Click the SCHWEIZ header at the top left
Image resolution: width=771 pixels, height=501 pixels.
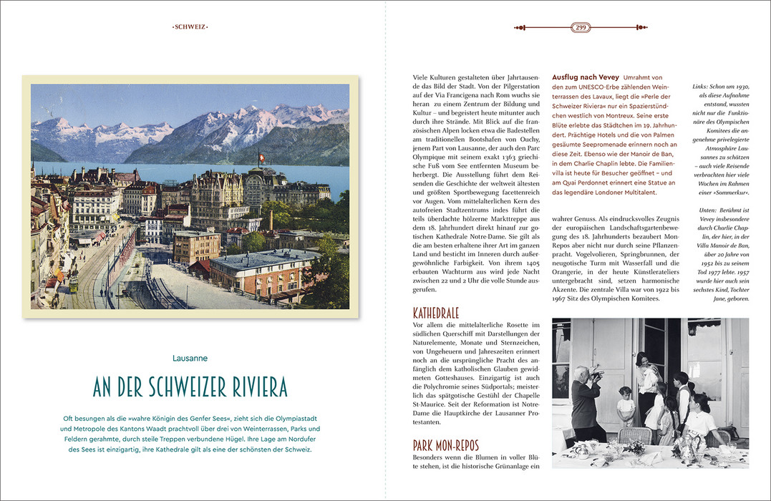coord(190,27)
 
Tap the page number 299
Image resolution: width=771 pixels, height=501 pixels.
coord(580,27)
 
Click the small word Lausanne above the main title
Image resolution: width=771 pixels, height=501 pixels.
coord(190,357)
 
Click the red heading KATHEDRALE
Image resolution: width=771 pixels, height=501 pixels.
coord(436,313)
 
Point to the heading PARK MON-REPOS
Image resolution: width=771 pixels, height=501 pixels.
coord(445,446)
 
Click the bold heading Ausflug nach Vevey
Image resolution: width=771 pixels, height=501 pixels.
coord(586,77)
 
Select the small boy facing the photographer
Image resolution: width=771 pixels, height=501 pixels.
coord(626,405)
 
